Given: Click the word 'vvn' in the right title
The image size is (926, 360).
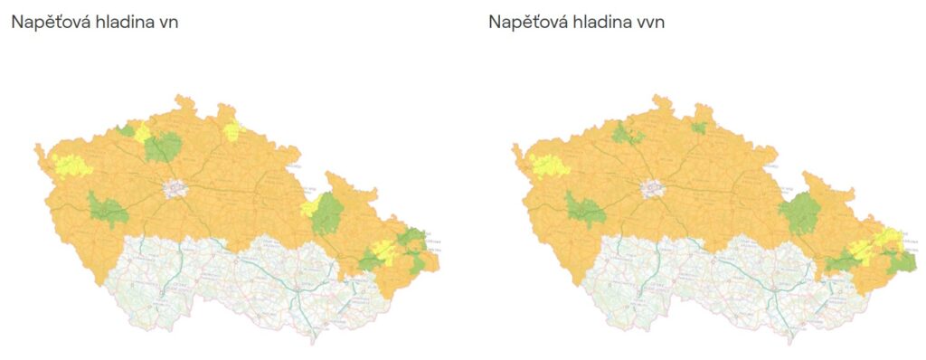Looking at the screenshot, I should [649, 23].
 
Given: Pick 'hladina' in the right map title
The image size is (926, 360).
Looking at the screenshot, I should [600, 23].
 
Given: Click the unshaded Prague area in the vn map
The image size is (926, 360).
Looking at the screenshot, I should [175, 188].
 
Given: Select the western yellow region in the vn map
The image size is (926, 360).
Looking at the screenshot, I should [71, 165].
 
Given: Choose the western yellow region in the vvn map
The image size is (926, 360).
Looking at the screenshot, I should [548, 166].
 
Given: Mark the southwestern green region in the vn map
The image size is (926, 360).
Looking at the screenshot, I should [108, 210].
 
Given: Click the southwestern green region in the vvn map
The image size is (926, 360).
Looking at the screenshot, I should [585, 210].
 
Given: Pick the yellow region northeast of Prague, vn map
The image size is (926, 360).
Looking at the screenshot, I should [233, 129].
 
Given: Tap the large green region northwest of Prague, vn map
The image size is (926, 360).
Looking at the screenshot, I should [162, 147].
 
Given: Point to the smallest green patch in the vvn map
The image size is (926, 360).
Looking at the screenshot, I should [699, 128].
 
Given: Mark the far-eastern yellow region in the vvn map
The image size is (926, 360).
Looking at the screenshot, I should [886, 240].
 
